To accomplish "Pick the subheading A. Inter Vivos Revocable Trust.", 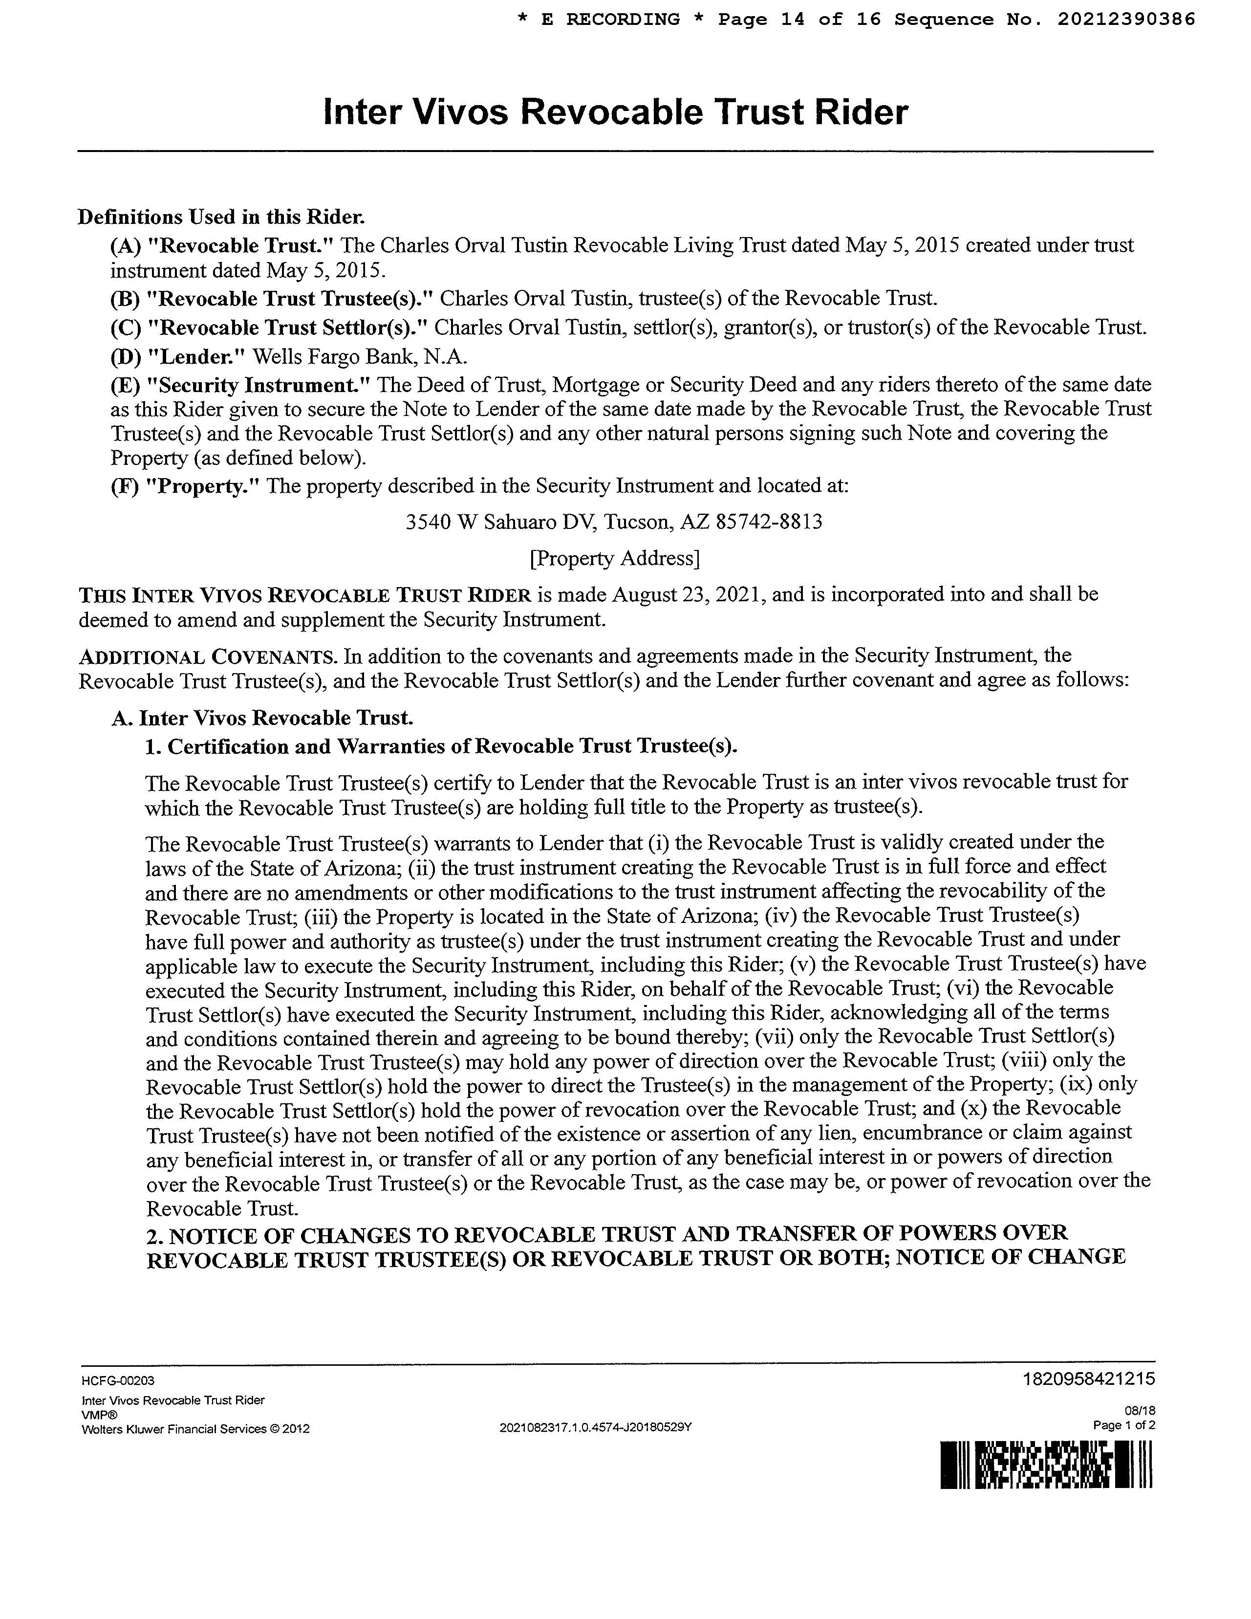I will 262,718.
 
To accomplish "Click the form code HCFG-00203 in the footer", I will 118,1381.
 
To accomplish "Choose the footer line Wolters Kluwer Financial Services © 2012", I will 195,1428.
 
